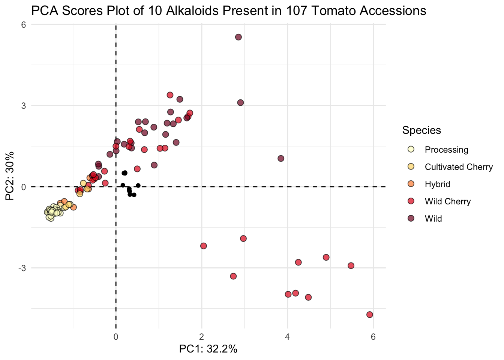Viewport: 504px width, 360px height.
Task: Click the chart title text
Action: point(229,10)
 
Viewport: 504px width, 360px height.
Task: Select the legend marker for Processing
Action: point(411,149)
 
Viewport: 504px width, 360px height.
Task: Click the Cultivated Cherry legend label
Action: point(459,167)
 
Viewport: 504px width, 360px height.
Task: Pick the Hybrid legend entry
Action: point(437,184)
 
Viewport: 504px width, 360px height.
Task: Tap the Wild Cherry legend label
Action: point(448,201)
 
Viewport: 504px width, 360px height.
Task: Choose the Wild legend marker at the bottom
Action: point(411,218)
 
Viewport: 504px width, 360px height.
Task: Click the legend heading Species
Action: point(421,130)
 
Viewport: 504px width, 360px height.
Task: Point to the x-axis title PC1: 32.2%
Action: point(208,349)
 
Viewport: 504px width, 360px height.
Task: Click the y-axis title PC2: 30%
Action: point(10,176)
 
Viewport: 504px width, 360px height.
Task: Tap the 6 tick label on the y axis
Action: point(24,24)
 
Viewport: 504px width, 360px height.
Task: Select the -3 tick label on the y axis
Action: point(22,268)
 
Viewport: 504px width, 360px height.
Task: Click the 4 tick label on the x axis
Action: point(287,337)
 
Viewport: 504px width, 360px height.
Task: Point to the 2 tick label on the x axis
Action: point(202,337)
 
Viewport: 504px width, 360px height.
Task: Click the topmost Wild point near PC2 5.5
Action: point(238,37)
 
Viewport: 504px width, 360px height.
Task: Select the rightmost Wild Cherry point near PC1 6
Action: point(370,315)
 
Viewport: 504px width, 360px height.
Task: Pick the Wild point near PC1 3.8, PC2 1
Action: point(281,158)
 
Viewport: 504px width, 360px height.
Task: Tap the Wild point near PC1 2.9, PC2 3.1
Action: point(240,103)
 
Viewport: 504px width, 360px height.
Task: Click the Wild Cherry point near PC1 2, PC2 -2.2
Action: point(203,246)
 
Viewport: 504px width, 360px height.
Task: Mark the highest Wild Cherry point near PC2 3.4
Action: point(170,95)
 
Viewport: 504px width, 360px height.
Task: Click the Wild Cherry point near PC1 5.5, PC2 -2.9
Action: point(351,266)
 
